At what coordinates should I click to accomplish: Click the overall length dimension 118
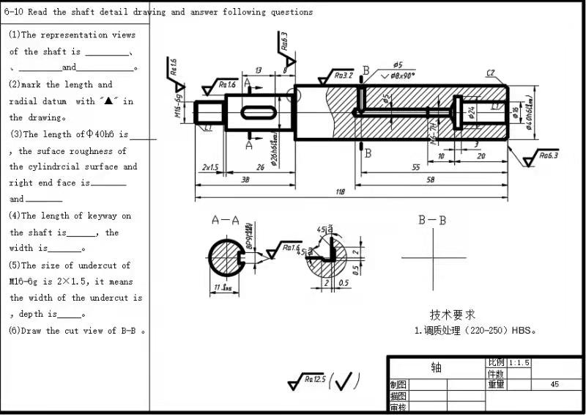click(340, 191)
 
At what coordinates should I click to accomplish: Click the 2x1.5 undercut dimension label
click(209, 167)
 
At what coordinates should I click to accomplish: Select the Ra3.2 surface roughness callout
click(343, 75)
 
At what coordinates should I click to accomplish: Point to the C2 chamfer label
click(490, 73)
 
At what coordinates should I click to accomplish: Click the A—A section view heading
click(226, 220)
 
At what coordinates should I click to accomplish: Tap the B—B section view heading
click(432, 220)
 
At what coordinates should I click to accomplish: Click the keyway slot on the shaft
click(256, 111)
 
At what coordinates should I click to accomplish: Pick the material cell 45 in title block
click(555, 384)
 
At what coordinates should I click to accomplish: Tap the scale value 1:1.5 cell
click(519, 363)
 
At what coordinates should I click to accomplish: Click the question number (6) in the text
click(15, 331)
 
